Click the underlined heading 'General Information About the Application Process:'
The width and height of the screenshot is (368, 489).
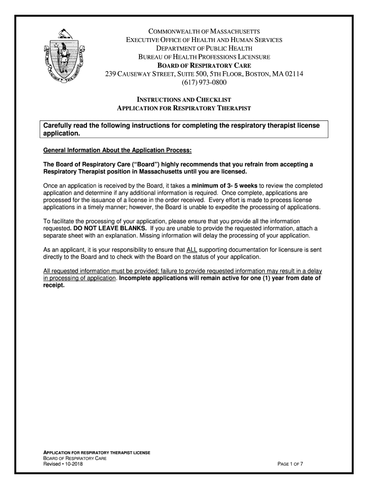point(117,150)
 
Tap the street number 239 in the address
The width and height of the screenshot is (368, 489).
point(111,74)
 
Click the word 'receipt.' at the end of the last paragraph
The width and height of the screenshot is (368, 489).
point(54,286)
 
